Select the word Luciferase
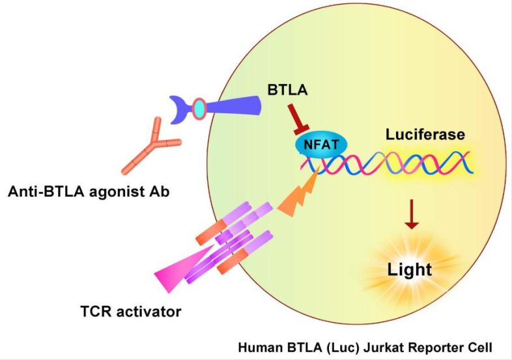click(x=425, y=135)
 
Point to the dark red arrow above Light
click(x=410, y=215)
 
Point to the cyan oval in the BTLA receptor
click(x=199, y=109)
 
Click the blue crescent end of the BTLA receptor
click(x=178, y=109)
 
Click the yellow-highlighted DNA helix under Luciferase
click(x=427, y=162)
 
